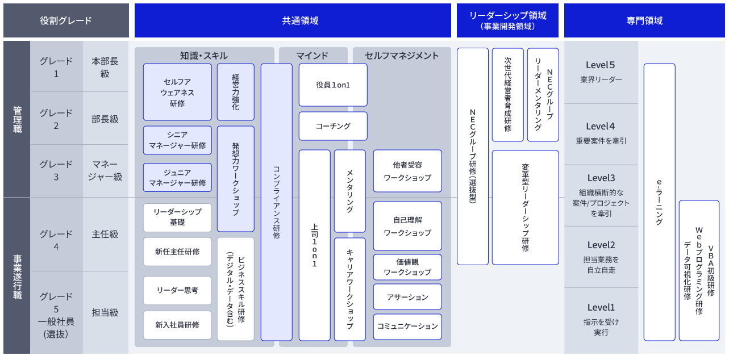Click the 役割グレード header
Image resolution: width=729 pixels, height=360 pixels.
coord(66,20)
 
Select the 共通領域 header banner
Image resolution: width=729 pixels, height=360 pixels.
coord(293,20)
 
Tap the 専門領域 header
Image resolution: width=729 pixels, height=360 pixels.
coord(644,20)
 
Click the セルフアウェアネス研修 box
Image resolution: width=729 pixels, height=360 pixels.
coord(177,92)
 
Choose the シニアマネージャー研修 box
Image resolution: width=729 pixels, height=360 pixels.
coord(177,140)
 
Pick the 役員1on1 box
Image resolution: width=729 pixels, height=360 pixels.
coord(333,85)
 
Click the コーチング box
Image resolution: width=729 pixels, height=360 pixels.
coord(333,126)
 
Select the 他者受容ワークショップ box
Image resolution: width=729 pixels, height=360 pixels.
coord(407,171)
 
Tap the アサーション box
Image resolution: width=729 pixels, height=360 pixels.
coord(407,297)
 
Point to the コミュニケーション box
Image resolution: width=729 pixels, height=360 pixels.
coord(407,326)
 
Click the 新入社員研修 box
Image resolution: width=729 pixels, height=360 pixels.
coord(177,325)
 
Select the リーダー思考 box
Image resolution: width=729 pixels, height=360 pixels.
coord(177,290)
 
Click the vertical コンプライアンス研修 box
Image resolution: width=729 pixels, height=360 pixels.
coord(277,202)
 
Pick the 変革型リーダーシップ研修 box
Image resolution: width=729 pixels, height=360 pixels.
coord(526,207)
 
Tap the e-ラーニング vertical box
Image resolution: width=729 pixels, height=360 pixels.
coord(659,202)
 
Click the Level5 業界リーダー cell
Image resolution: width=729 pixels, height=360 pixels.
coord(601,72)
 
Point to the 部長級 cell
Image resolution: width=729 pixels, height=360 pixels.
coord(105,119)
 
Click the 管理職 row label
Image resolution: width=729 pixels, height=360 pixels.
coord(17,119)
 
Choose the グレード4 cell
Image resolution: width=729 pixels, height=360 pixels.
coord(56,240)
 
